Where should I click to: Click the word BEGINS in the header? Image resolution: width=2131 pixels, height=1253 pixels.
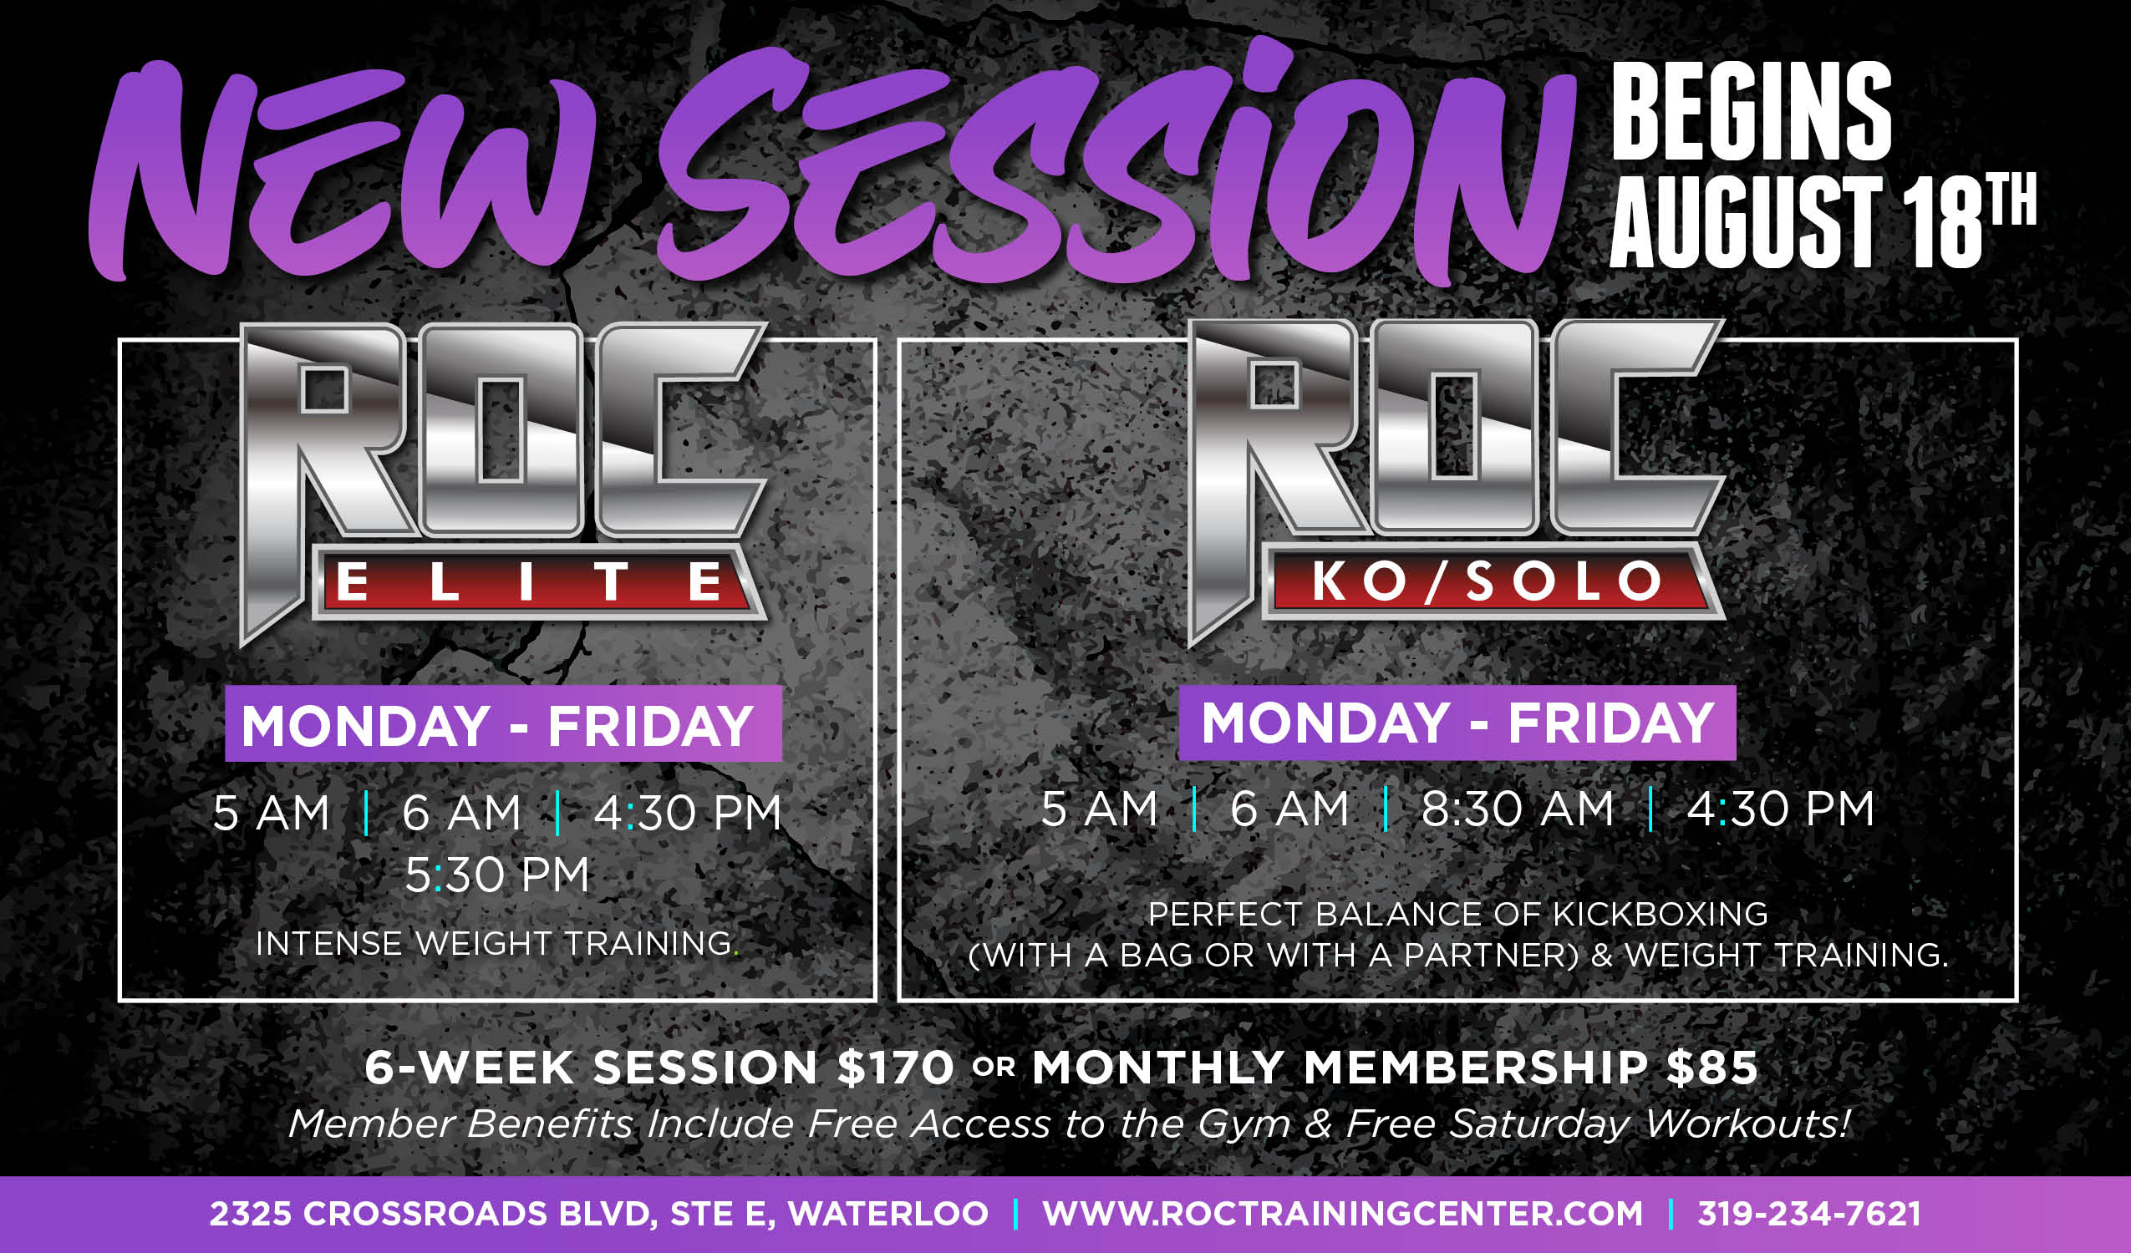pyautogui.click(x=1752, y=111)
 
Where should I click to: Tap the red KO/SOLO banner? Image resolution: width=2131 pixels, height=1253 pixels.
pyautogui.click(x=1487, y=581)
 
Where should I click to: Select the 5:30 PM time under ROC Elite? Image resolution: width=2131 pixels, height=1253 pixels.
pyautogui.click(x=496, y=875)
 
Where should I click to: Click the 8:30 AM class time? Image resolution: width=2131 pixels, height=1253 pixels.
pyautogui.click(x=1517, y=809)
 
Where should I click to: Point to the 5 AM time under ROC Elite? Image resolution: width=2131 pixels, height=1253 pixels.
pyautogui.click(x=271, y=814)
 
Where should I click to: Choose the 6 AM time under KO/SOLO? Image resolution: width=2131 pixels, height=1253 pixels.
pyautogui.click(x=1289, y=809)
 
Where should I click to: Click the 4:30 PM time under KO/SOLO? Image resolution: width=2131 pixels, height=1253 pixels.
pyautogui.click(x=1781, y=809)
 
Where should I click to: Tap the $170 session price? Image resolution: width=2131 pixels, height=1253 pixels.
pyautogui.click(x=896, y=1067)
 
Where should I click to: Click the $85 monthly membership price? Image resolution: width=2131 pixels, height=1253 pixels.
pyautogui.click(x=1712, y=1067)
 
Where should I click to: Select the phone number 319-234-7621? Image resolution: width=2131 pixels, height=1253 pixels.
pyautogui.click(x=1808, y=1214)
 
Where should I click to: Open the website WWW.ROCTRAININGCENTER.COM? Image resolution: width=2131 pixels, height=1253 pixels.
pyautogui.click(x=1343, y=1214)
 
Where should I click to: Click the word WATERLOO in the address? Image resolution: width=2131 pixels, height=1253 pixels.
pyautogui.click(x=887, y=1214)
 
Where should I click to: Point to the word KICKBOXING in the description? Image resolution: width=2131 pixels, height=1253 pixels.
pyautogui.click(x=1661, y=914)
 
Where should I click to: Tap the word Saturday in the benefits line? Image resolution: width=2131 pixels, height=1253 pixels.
pyautogui.click(x=1540, y=1124)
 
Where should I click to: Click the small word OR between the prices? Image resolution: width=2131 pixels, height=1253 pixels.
pyautogui.click(x=994, y=1068)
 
